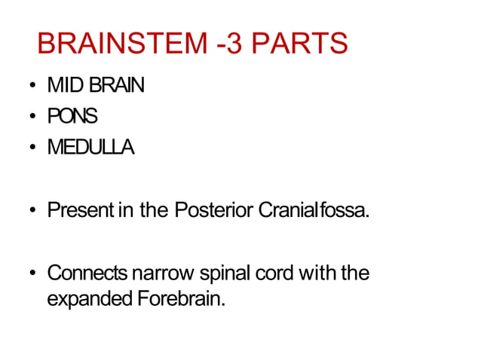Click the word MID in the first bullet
61,86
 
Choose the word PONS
72,117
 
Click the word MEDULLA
90,148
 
